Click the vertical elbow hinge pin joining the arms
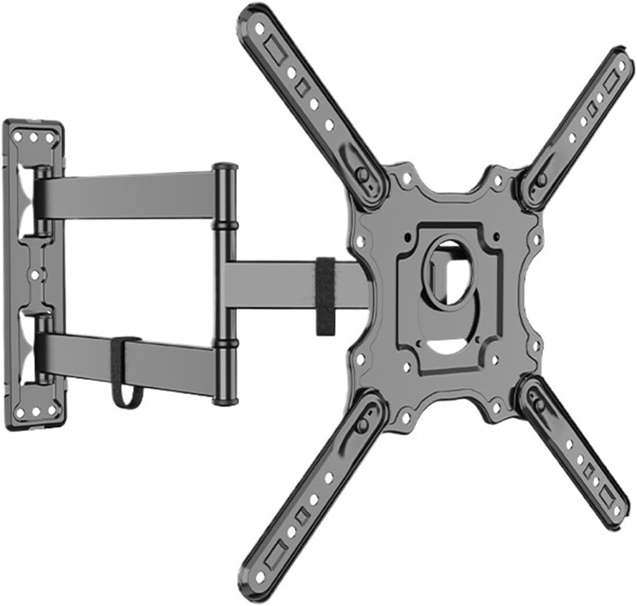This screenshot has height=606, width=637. [225, 284]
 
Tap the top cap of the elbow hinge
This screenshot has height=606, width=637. [225, 168]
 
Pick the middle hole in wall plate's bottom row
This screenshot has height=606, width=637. [34, 412]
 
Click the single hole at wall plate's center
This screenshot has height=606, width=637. [34, 275]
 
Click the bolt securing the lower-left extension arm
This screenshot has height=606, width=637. [363, 426]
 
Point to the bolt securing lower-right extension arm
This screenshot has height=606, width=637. [540, 404]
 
